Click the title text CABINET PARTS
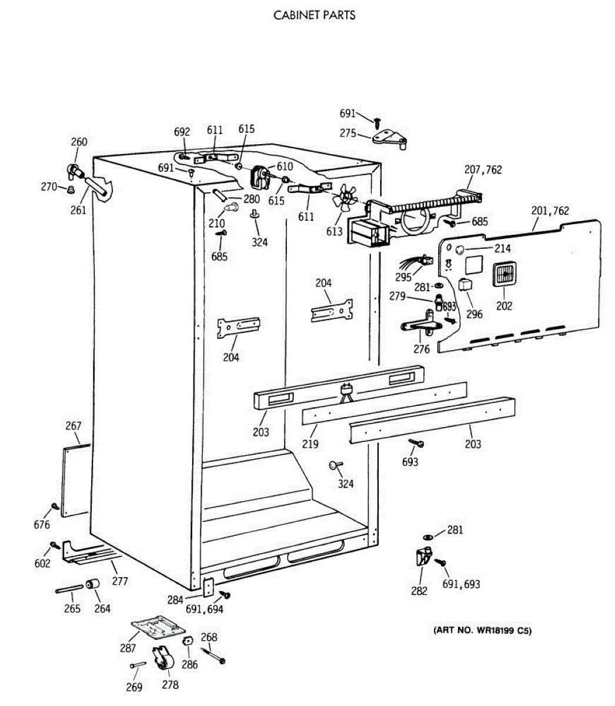(315, 15)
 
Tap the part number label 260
(79, 142)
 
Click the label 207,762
(483, 170)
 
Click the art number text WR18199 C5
(482, 631)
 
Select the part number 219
(310, 444)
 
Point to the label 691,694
(204, 610)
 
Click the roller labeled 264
(92, 585)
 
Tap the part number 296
(474, 314)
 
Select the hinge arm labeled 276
(419, 327)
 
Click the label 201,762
(550, 211)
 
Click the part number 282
(419, 591)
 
